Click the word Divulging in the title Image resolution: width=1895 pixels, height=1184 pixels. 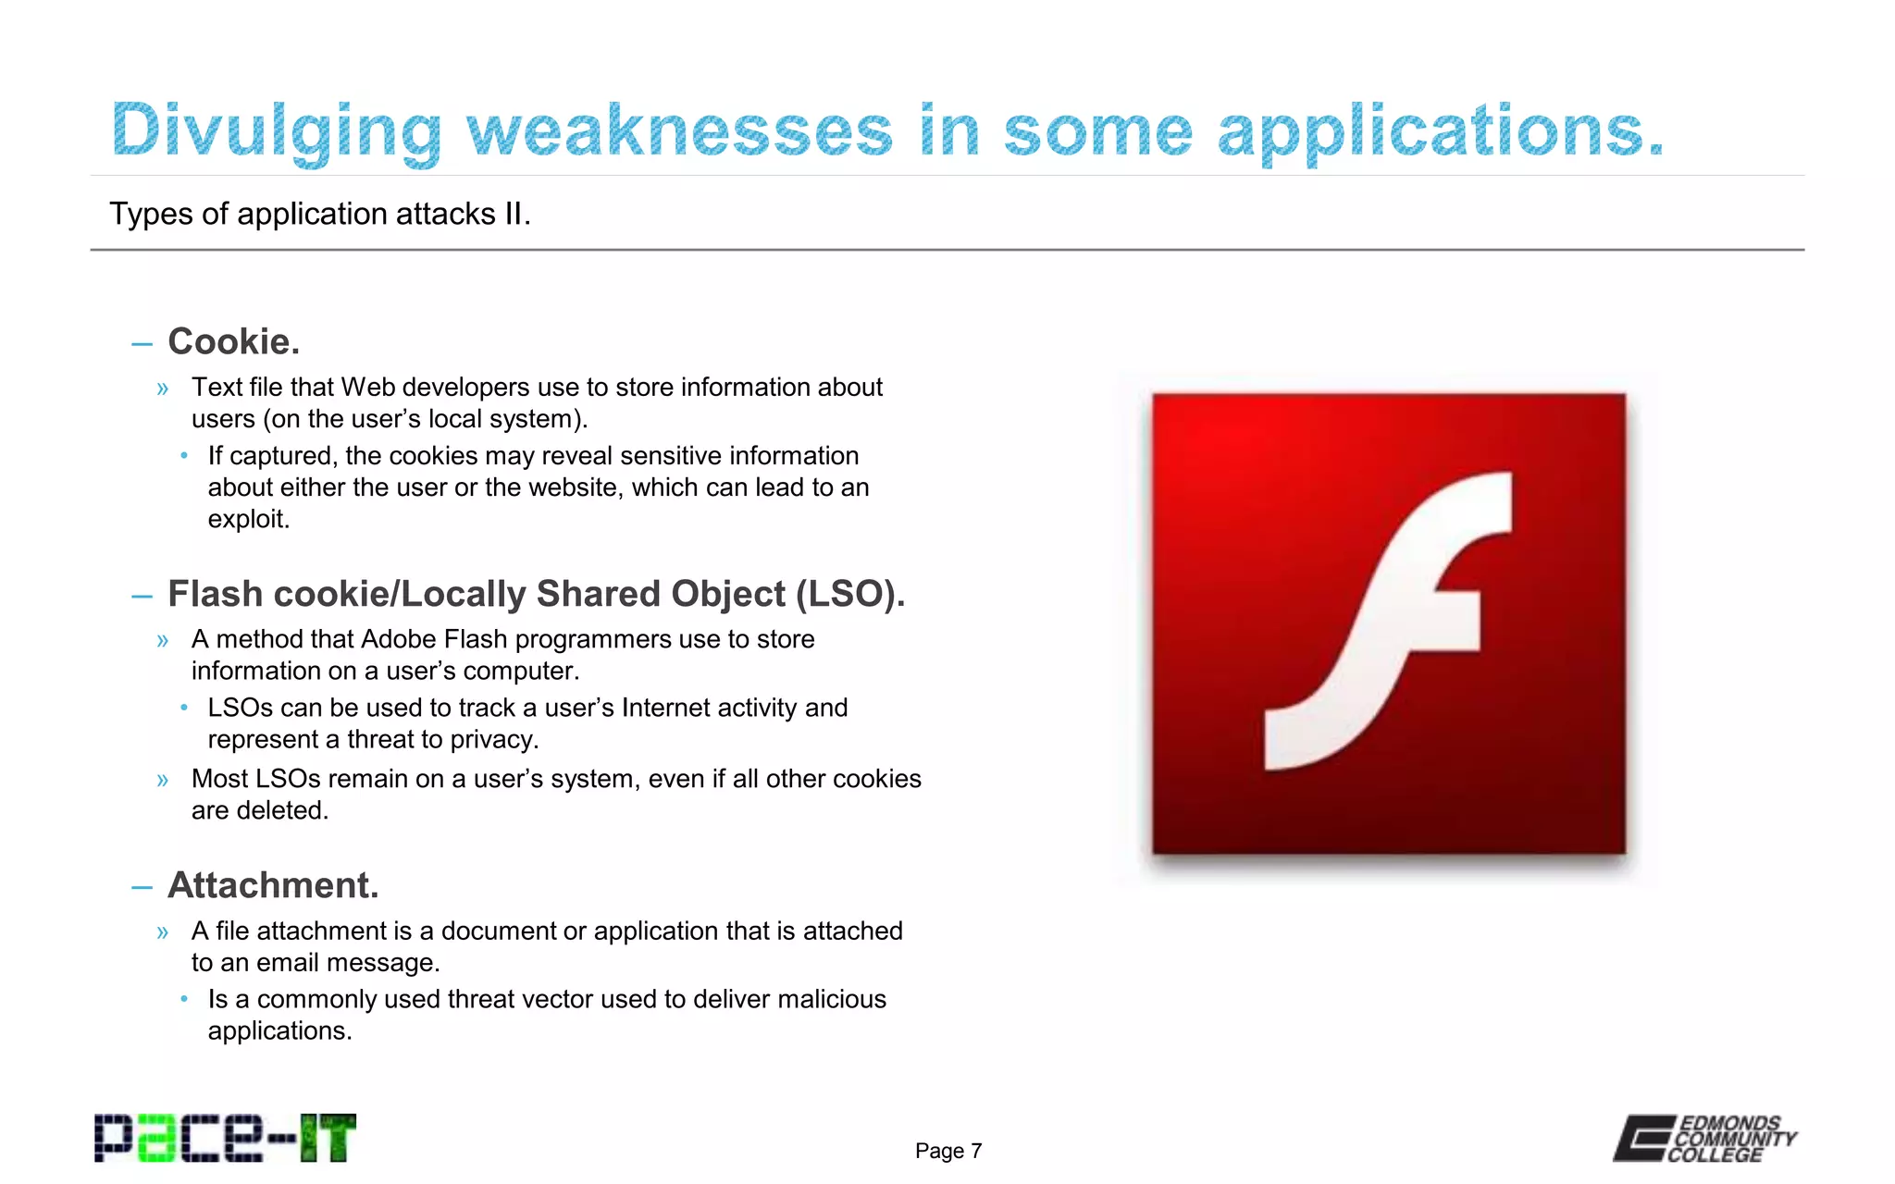276,131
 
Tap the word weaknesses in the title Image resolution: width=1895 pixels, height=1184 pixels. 679,131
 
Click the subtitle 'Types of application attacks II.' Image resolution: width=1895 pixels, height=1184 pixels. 319,214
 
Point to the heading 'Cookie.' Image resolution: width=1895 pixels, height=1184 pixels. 233,342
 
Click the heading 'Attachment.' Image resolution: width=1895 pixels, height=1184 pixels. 273,885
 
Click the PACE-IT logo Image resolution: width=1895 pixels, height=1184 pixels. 225,1138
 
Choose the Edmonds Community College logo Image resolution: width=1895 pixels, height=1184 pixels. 1704,1138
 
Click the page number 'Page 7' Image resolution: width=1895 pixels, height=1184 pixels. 948,1151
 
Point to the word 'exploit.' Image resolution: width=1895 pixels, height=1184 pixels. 248,519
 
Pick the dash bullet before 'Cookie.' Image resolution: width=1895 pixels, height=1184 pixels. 142,344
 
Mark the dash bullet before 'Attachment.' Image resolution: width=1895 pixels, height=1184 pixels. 142,888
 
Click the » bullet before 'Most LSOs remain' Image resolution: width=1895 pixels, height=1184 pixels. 163,780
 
